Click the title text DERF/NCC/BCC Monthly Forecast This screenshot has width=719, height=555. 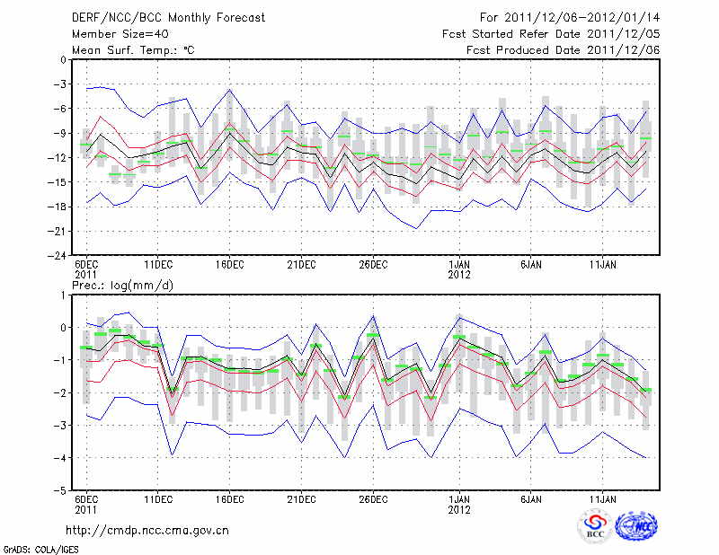point(158,18)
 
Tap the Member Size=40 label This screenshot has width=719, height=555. point(117,34)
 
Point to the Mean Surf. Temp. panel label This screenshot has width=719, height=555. point(133,50)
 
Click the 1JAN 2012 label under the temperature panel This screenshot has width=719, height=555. point(459,269)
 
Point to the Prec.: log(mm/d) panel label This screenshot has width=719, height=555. point(122,286)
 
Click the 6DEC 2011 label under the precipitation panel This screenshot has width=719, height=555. point(86,505)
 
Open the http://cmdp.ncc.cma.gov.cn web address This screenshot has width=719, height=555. point(147,530)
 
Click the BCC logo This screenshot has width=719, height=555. point(595,528)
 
